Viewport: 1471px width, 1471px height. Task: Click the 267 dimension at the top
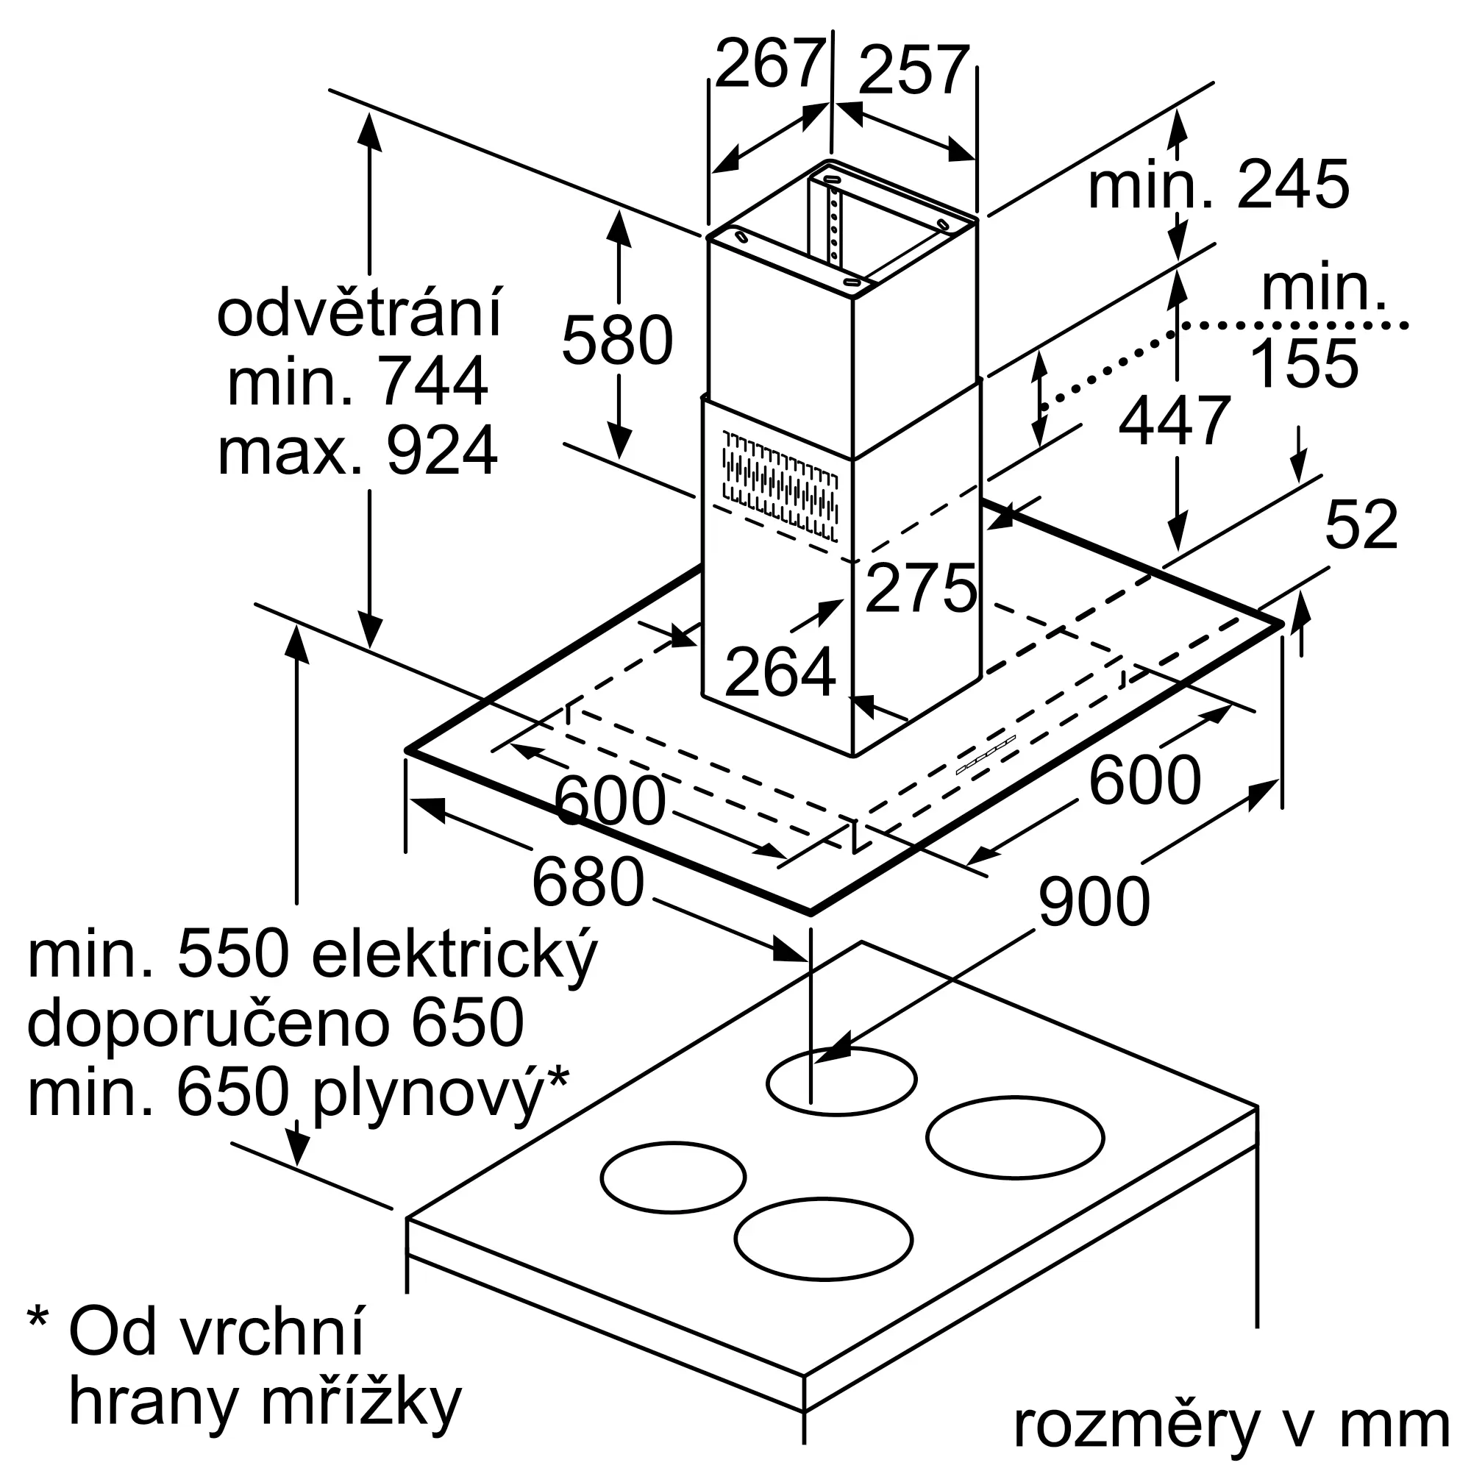[771, 65]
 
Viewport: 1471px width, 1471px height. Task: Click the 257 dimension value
[914, 71]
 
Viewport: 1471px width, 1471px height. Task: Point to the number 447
[1175, 419]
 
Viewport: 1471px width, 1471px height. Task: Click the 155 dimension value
[1304, 363]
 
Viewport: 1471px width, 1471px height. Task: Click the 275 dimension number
[922, 588]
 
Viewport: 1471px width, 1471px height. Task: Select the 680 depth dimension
[588, 882]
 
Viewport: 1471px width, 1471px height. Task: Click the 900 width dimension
[1094, 901]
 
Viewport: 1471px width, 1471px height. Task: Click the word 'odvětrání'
[360, 312]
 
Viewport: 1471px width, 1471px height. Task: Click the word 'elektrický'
[455, 958]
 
